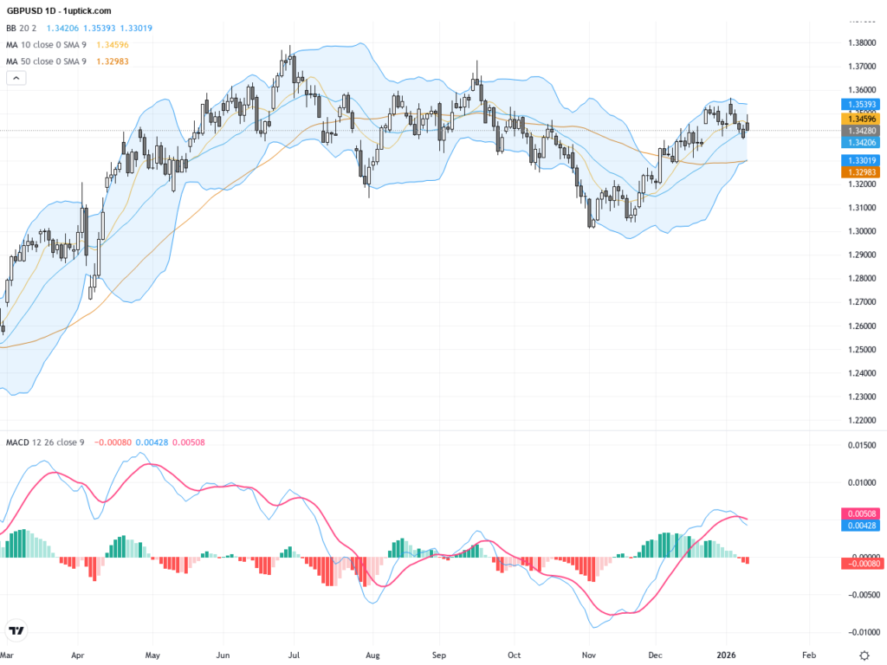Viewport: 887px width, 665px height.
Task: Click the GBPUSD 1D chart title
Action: (x=59, y=10)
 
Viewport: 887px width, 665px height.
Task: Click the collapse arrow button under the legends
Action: (x=16, y=78)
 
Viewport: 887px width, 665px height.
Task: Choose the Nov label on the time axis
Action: (x=589, y=655)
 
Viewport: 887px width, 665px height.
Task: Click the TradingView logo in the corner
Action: (x=16, y=630)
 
